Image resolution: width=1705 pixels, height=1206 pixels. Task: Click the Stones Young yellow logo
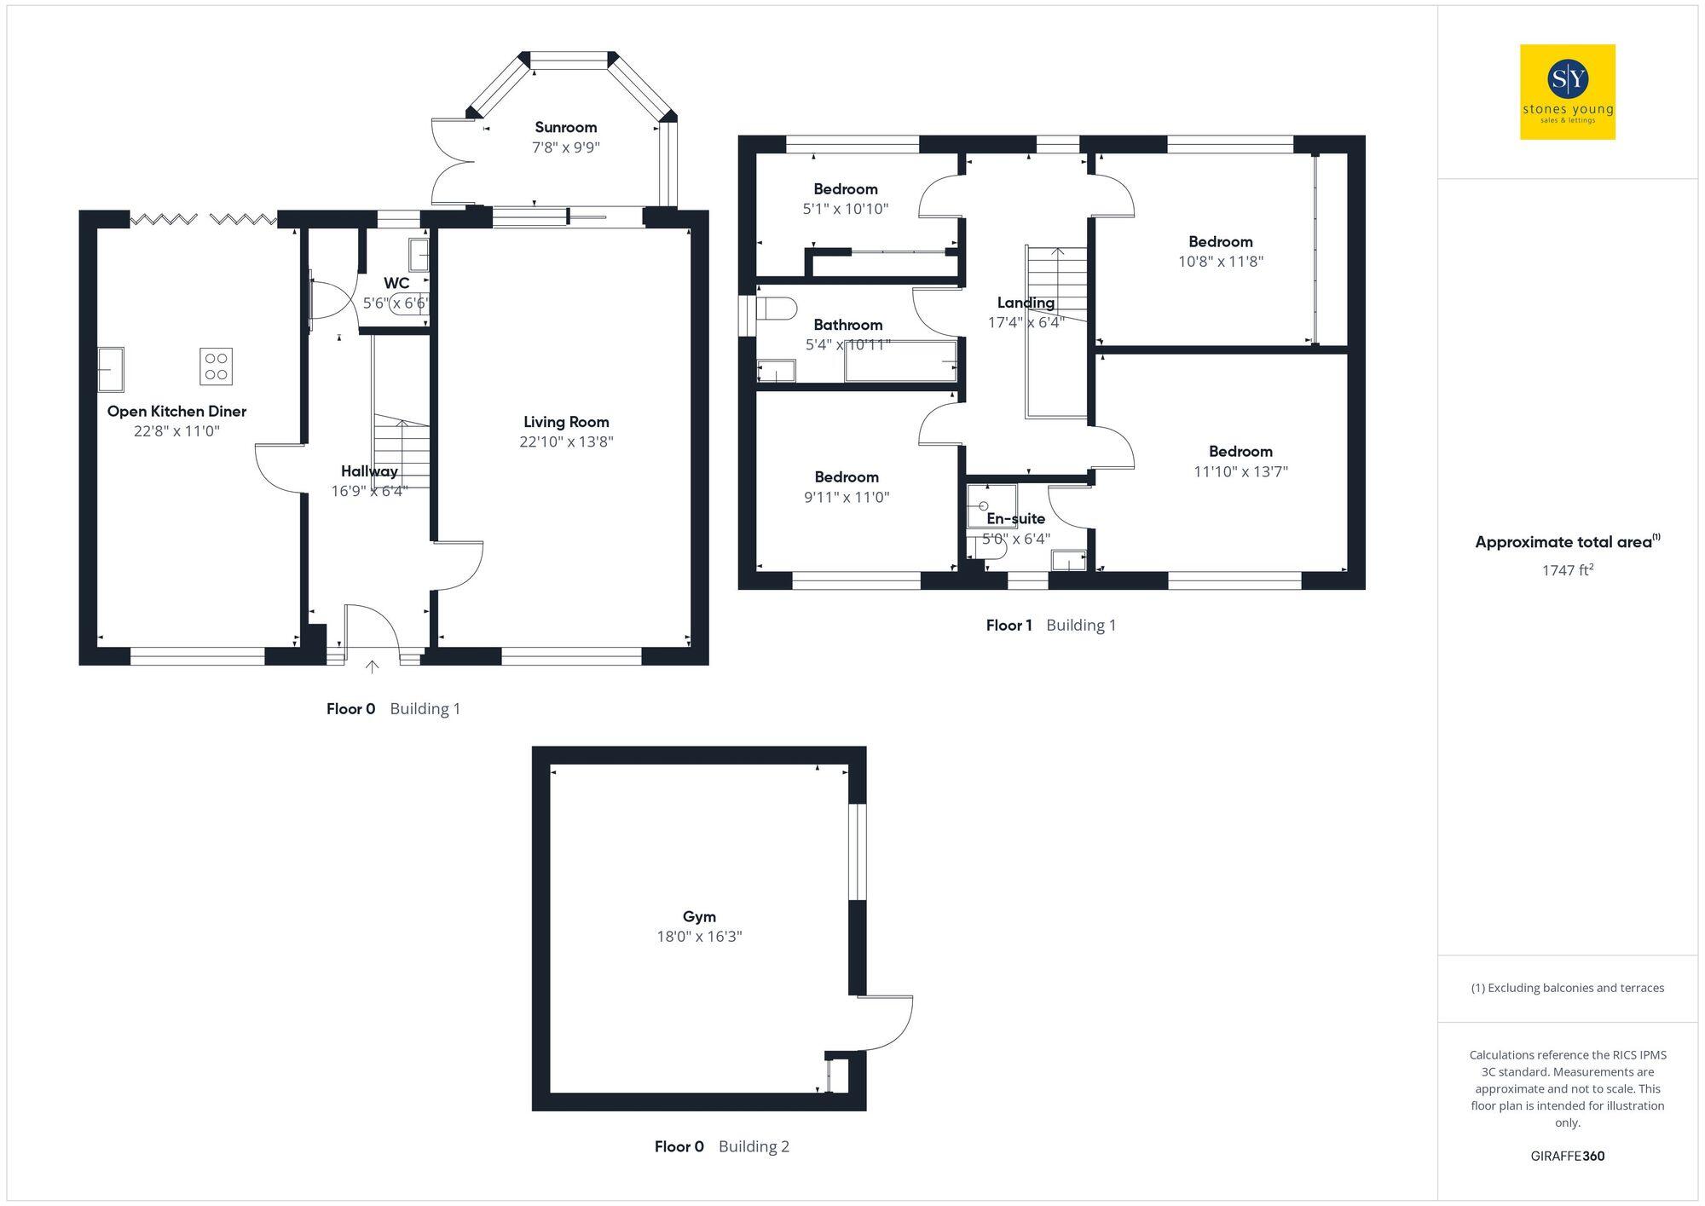coord(1567,92)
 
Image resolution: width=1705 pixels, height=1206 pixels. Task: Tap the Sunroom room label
coord(566,127)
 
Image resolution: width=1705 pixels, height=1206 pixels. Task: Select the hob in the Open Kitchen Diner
coord(217,366)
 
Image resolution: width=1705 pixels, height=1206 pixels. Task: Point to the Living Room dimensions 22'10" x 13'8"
coord(566,441)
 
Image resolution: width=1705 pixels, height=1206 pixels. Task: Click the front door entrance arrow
coord(372,666)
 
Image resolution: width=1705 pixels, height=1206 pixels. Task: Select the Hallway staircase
coord(401,452)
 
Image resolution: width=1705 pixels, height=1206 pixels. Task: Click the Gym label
coord(699,917)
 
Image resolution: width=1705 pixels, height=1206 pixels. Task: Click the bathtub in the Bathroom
coord(900,361)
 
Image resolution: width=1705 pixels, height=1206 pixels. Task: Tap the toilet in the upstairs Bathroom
coord(775,308)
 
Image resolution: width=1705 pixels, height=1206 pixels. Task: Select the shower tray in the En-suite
coord(991,505)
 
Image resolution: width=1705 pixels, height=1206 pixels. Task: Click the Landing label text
coord(1026,303)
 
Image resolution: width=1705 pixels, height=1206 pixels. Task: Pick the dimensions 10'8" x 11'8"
coord(1220,262)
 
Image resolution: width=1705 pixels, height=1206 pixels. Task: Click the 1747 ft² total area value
coord(1567,570)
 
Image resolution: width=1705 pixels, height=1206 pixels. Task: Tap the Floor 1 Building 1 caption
coord(1050,626)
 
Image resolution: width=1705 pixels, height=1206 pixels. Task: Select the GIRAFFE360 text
coord(1567,1157)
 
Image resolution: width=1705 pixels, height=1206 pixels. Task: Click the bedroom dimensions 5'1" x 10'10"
coord(845,209)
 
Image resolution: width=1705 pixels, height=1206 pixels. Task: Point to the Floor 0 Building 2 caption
coord(721,1147)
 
